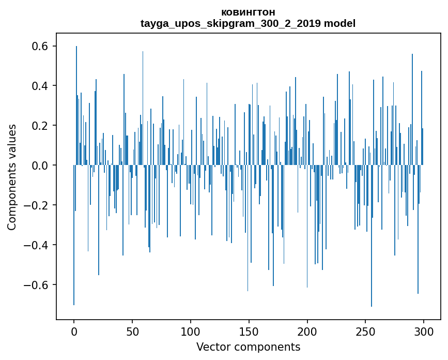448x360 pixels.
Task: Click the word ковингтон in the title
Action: (x=248, y=12)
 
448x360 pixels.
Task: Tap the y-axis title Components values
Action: (x=12, y=177)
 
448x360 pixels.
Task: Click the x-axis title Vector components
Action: (x=248, y=347)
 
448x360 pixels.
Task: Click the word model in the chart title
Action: (x=339, y=23)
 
